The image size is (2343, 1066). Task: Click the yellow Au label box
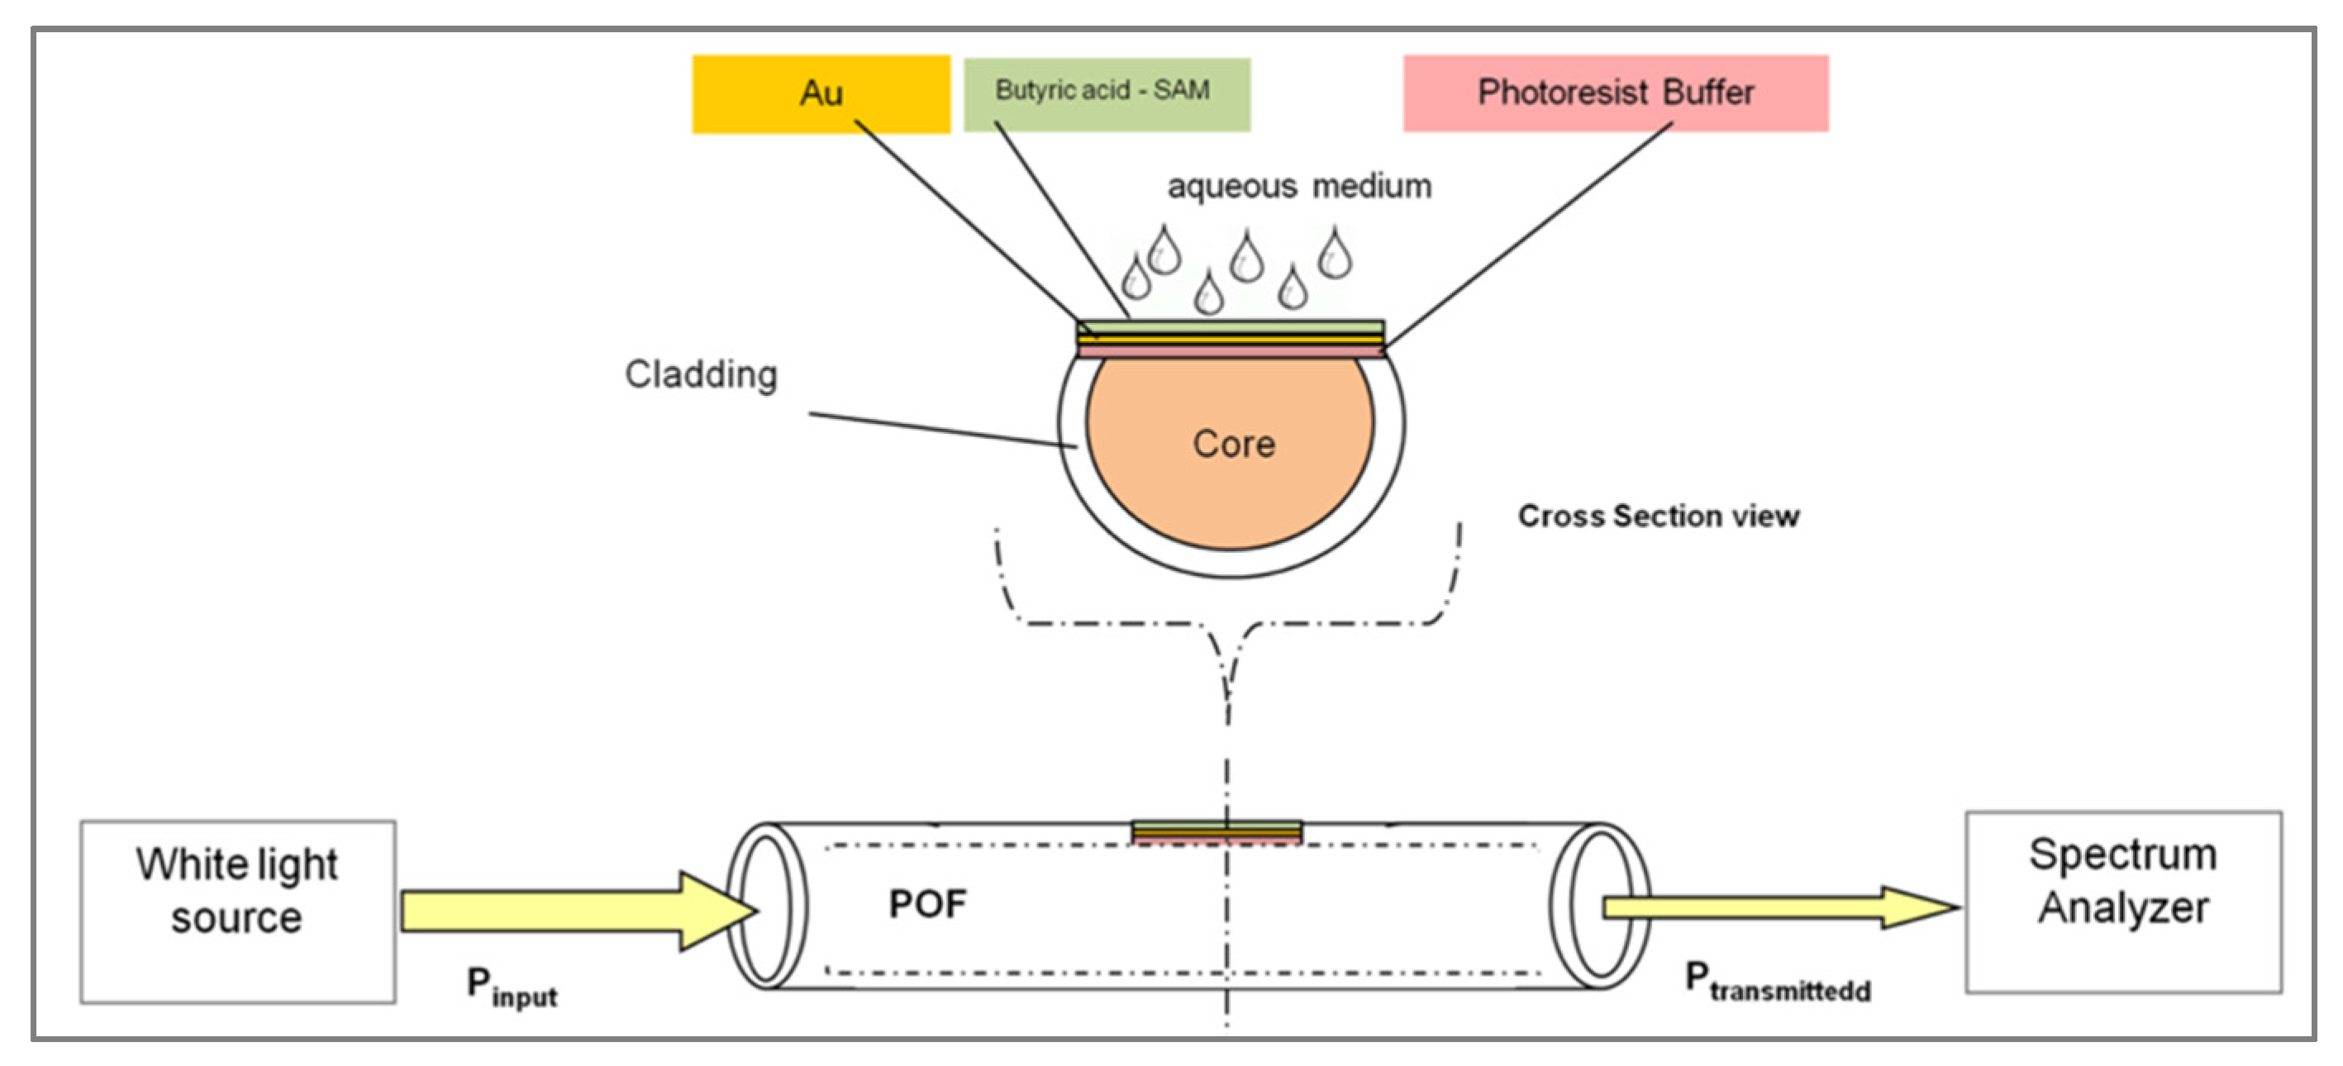[821, 93]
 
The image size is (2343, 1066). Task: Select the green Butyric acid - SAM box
[1106, 93]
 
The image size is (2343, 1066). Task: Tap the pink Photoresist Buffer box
[1616, 93]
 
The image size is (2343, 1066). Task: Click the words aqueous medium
[1299, 187]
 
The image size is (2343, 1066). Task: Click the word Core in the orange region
[1233, 444]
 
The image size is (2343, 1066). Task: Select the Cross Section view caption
[1657, 516]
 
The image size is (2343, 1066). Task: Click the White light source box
[237, 911]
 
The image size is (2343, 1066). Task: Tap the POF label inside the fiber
[926, 903]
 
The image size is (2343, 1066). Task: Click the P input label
[512, 987]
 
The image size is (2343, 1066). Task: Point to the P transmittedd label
[1776, 982]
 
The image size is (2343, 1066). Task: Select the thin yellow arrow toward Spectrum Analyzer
[1774, 907]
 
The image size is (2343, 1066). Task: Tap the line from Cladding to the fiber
[941, 430]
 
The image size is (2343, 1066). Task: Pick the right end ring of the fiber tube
[1598, 906]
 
